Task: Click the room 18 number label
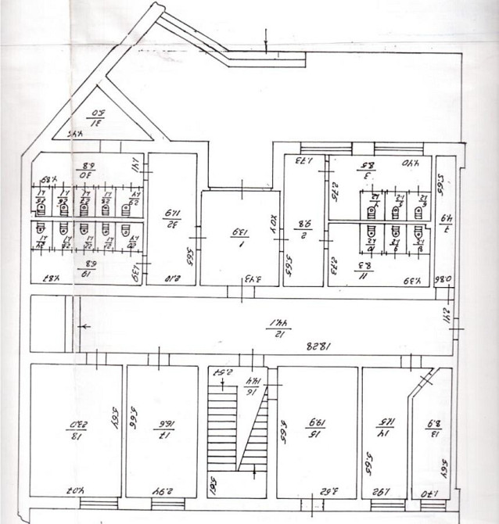pyautogui.click(x=76, y=425)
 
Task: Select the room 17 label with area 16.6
pyautogui.click(x=164, y=425)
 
